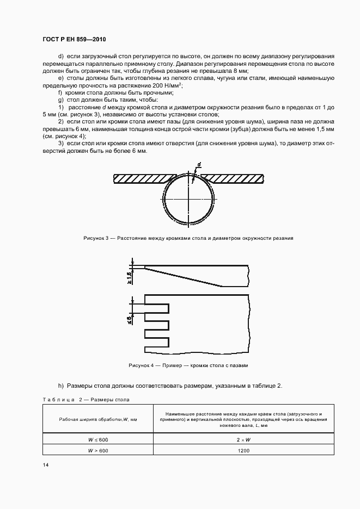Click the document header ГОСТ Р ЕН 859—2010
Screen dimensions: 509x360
[74, 40]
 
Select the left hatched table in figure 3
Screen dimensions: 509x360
[141, 179]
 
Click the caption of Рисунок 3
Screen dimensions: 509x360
[188, 238]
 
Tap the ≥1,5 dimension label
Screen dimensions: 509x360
[130, 277]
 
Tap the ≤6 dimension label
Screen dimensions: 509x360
[130, 319]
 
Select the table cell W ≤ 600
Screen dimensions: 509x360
[99, 439]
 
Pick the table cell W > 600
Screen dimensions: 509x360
[99, 450]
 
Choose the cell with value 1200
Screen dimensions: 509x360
[244, 450]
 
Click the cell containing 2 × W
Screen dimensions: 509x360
[244, 439]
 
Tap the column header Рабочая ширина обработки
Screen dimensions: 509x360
[99, 419]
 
